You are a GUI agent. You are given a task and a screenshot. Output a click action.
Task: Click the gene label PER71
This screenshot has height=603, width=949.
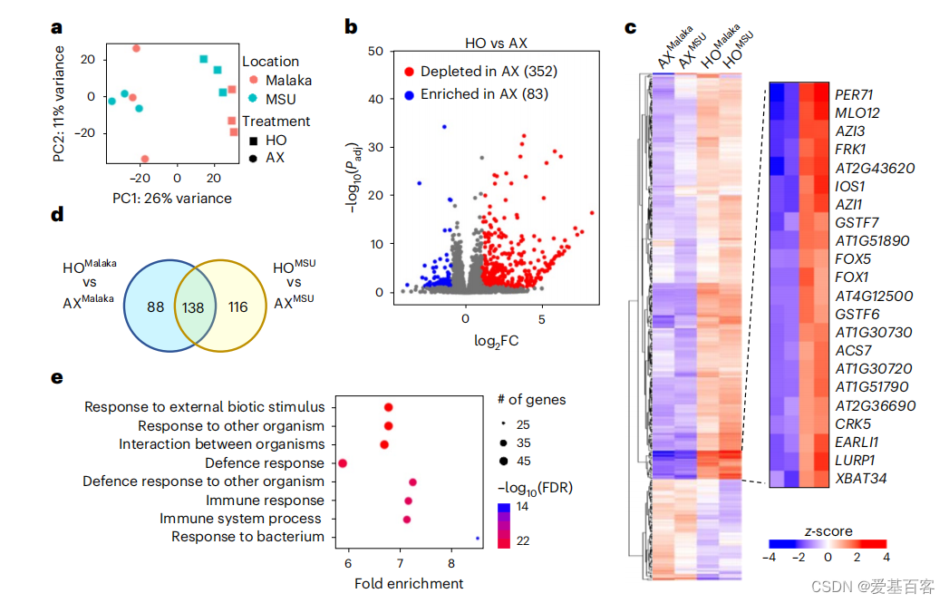pos(855,94)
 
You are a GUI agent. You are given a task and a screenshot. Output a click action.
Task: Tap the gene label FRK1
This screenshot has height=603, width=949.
pos(851,149)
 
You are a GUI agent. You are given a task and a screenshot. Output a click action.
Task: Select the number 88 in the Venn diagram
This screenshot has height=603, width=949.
pos(156,307)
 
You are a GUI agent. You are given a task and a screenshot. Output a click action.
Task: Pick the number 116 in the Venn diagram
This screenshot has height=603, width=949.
pos(239,307)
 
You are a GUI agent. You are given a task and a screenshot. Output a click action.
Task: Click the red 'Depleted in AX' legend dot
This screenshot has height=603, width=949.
pos(410,71)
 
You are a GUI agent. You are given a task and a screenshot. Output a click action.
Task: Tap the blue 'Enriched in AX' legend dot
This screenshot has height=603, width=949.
pos(410,93)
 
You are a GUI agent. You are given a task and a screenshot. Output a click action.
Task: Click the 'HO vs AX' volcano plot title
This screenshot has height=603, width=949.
pos(489,43)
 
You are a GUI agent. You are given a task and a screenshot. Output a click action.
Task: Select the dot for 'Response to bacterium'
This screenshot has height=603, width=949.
pos(478,538)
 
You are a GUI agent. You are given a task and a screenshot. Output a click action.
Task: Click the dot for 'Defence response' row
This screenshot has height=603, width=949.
pos(343,463)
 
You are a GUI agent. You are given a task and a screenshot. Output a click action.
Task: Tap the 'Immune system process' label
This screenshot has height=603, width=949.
pos(241,519)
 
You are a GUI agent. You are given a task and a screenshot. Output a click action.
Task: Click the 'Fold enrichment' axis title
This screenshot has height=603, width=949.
pos(408,583)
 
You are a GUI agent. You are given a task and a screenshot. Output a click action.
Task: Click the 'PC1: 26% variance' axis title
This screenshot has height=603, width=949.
pos(172,198)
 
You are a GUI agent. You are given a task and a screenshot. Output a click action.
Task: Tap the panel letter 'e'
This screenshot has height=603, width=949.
pos(57,376)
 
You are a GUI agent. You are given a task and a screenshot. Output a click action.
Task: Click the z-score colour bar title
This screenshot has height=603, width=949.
pos(828,530)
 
